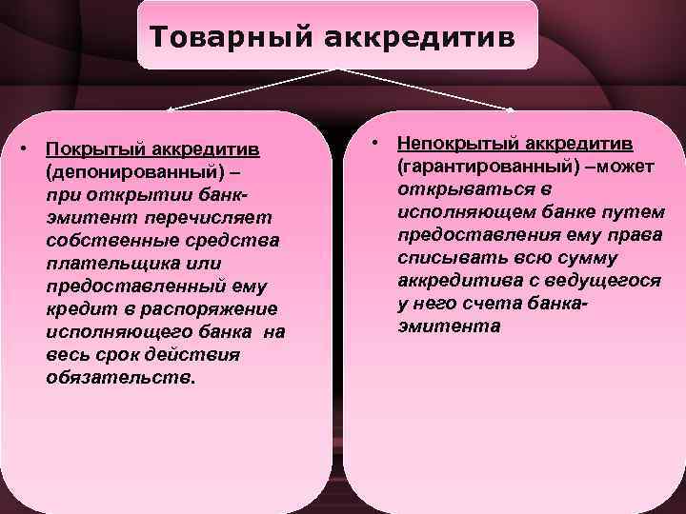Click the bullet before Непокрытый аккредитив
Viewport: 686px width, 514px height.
click(x=377, y=143)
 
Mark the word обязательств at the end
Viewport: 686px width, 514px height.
click(x=118, y=378)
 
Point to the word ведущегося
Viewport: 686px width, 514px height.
click(x=611, y=281)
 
